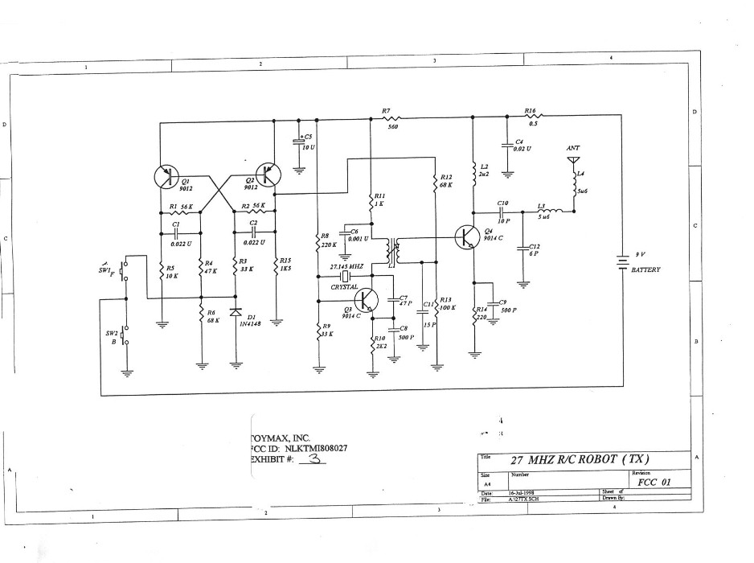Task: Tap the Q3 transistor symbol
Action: (x=367, y=300)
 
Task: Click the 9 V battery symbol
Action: (x=622, y=263)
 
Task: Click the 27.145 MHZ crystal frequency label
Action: (x=347, y=266)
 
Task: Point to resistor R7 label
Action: (x=387, y=111)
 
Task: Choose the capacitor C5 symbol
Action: (x=299, y=142)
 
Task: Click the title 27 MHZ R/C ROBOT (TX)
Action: (x=580, y=459)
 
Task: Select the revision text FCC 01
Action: (x=652, y=483)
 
